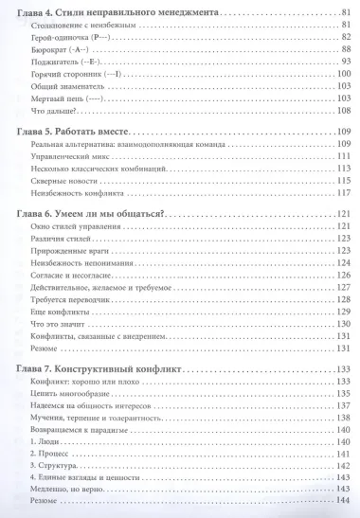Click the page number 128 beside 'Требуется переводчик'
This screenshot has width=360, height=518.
pos(343,298)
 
